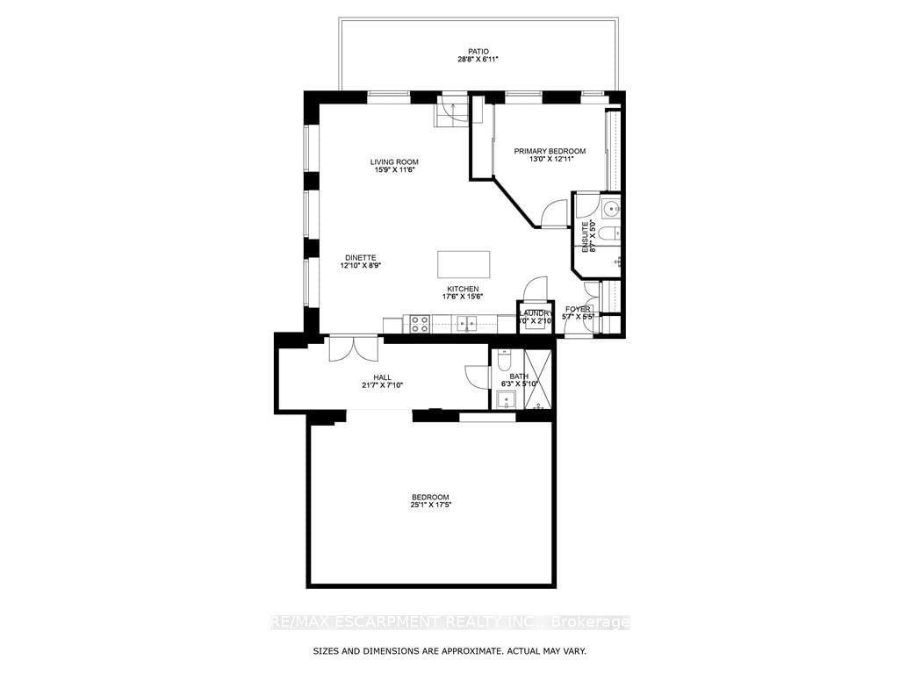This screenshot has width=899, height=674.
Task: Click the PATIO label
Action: [478, 49]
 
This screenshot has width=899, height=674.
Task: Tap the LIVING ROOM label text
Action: [393, 161]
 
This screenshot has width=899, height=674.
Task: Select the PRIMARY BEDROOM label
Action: [550, 151]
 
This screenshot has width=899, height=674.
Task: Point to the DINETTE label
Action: [360, 257]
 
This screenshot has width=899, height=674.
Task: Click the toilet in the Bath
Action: [504, 361]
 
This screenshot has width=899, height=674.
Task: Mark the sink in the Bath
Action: [506, 401]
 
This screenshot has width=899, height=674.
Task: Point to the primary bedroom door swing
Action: [553, 214]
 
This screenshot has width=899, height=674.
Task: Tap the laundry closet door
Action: [535, 290]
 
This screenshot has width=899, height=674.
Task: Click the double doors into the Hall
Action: [354, 348]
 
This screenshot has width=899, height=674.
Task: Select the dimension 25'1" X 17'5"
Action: [430, 505]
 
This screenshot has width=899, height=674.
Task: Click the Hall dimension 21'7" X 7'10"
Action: [381, 385]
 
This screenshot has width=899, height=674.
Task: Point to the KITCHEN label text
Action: [463, 289]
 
